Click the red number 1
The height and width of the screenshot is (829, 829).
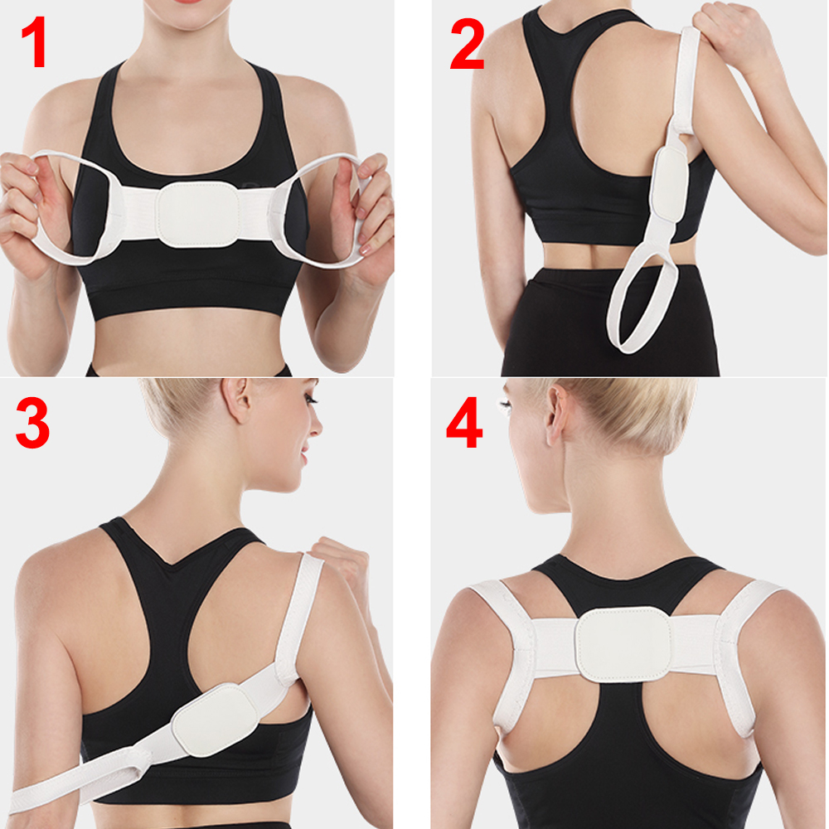(34, 42)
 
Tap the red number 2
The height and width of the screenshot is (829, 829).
(468, 43)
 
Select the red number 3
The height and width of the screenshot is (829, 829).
(33, 423)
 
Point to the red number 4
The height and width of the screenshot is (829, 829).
(465, 423)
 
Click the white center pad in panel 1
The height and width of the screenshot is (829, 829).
(198, 215)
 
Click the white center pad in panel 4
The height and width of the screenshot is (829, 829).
(624, 644)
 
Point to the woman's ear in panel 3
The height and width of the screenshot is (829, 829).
(235, 400)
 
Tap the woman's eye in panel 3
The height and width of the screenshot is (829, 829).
(310, 400)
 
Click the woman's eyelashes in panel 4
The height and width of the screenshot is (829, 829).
(503, 406)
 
